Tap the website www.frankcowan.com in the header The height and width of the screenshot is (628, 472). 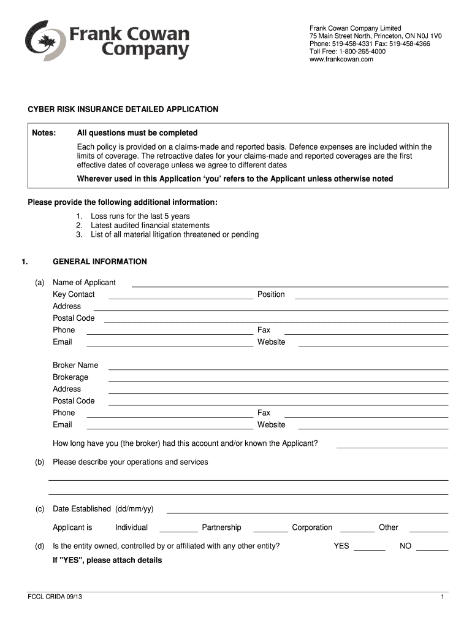pyautogui.click(x=341, y=59)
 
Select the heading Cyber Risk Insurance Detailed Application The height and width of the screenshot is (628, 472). pyautogui.click(x=123, y=109)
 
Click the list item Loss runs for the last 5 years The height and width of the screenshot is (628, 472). pyautogui.click(x=140, y=216)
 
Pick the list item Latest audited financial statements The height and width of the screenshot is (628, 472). pyautogui.click(x=150, y=225)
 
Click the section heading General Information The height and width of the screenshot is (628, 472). pyautogui.click(x=99, y=262)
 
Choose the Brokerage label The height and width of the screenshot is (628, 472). pyautogui.click(x=70, y=377)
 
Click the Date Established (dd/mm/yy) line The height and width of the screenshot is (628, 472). pyautogui.click(x=307, y=510)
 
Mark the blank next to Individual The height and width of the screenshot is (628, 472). pyautogui.click(x=179, y=529)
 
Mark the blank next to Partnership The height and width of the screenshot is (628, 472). pyautogui.click(x=270, y=529)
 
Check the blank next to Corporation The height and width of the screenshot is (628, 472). pyautogui.click(x=357, y=529)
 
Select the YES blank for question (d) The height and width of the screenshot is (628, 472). pyautogui.click(x=370, y=548)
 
